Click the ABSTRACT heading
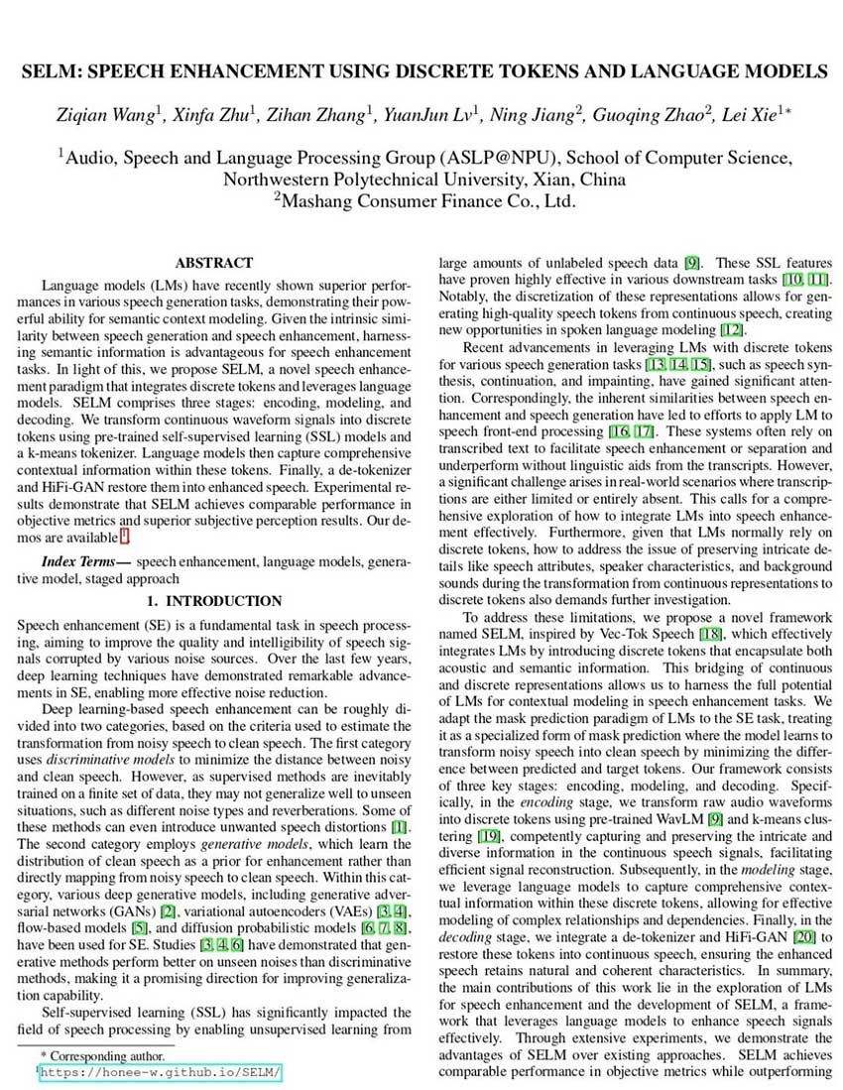tap(214, 263)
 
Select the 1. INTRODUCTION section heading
tap(214, 601)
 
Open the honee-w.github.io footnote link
tap(162, 1073)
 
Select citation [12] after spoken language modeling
tap(735, 329)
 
